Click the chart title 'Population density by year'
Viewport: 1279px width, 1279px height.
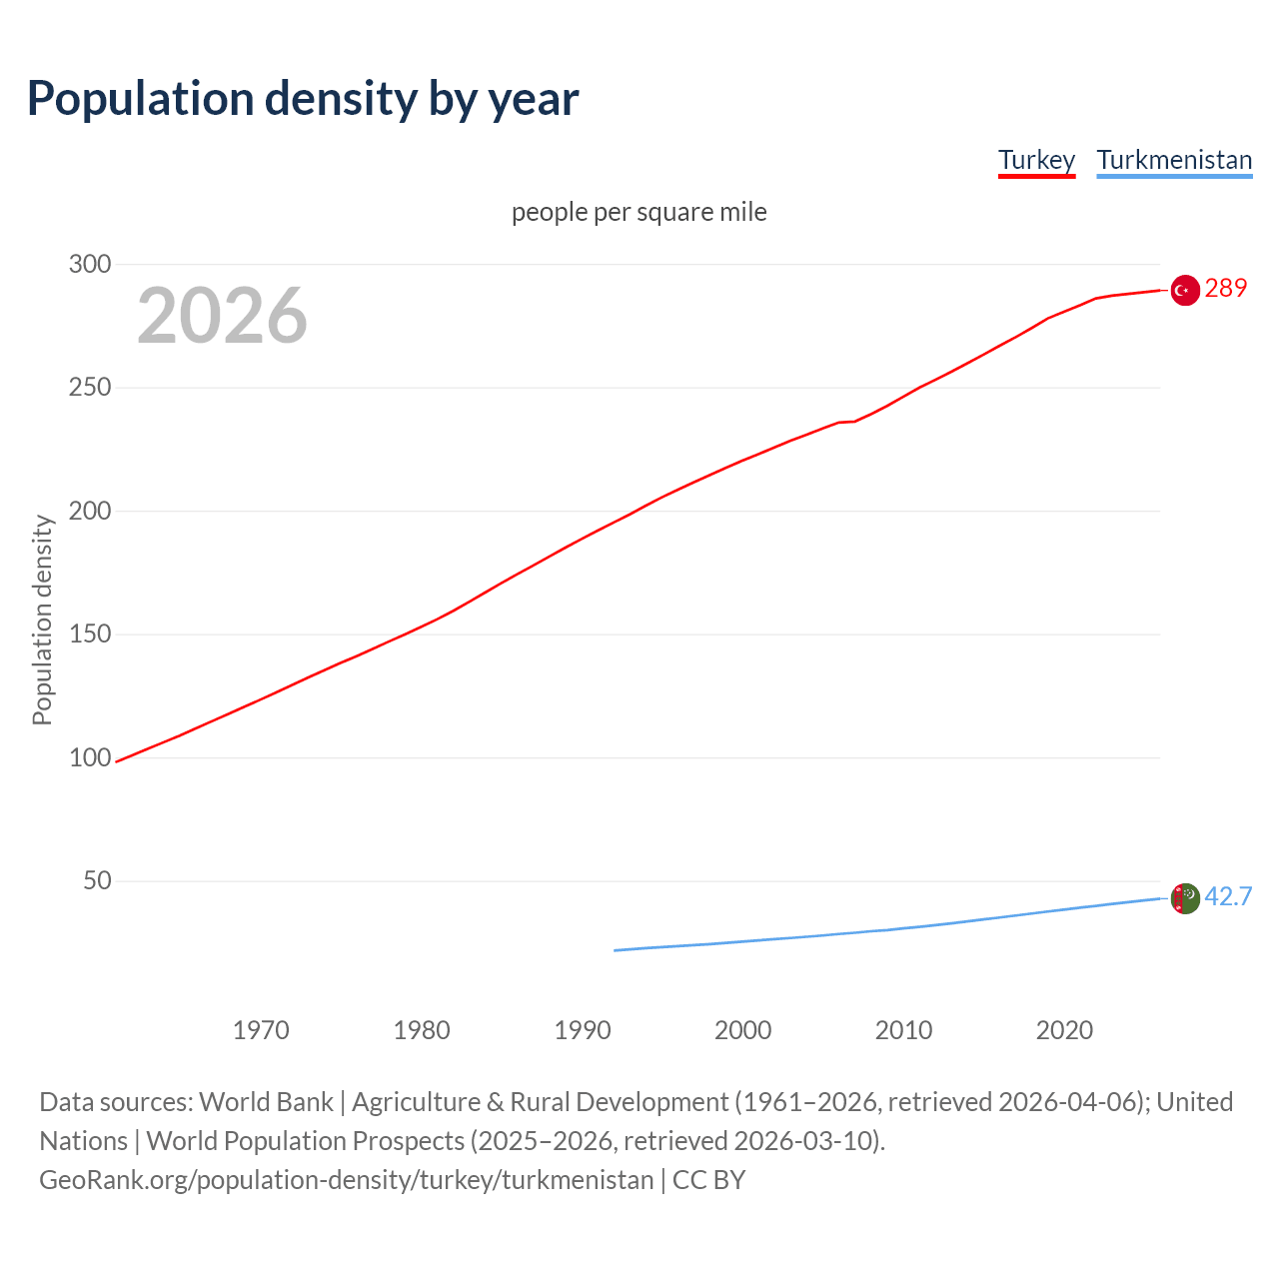[303, 98]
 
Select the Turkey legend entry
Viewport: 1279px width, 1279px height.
[1036, 160]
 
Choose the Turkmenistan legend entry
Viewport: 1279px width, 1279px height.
[1174, 160]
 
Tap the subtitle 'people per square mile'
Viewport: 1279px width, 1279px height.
[639, 212]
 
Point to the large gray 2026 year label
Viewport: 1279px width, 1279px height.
[222, 316]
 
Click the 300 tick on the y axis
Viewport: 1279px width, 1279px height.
[89, 264]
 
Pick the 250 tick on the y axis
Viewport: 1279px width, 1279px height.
[89, 388]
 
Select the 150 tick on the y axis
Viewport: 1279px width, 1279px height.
[89, 635]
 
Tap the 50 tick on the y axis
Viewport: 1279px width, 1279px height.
[96, 881]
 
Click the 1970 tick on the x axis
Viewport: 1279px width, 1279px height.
[261, 1030]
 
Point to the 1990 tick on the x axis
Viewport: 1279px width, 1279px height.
[583, 1030]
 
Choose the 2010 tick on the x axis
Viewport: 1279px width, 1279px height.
[903, 1030]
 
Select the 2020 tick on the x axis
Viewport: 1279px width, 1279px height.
[1064, 1030]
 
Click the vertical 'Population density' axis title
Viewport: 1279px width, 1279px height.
[42, 620]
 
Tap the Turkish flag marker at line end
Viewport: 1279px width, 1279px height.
[1184, 290]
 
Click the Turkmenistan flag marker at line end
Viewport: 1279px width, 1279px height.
[1184, 898]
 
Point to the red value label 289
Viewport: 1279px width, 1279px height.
[1226, 289]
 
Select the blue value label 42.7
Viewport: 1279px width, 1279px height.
[1228, 896]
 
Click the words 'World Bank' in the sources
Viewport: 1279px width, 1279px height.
[266, 1102]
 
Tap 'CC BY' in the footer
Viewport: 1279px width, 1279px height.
[708, 1180]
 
